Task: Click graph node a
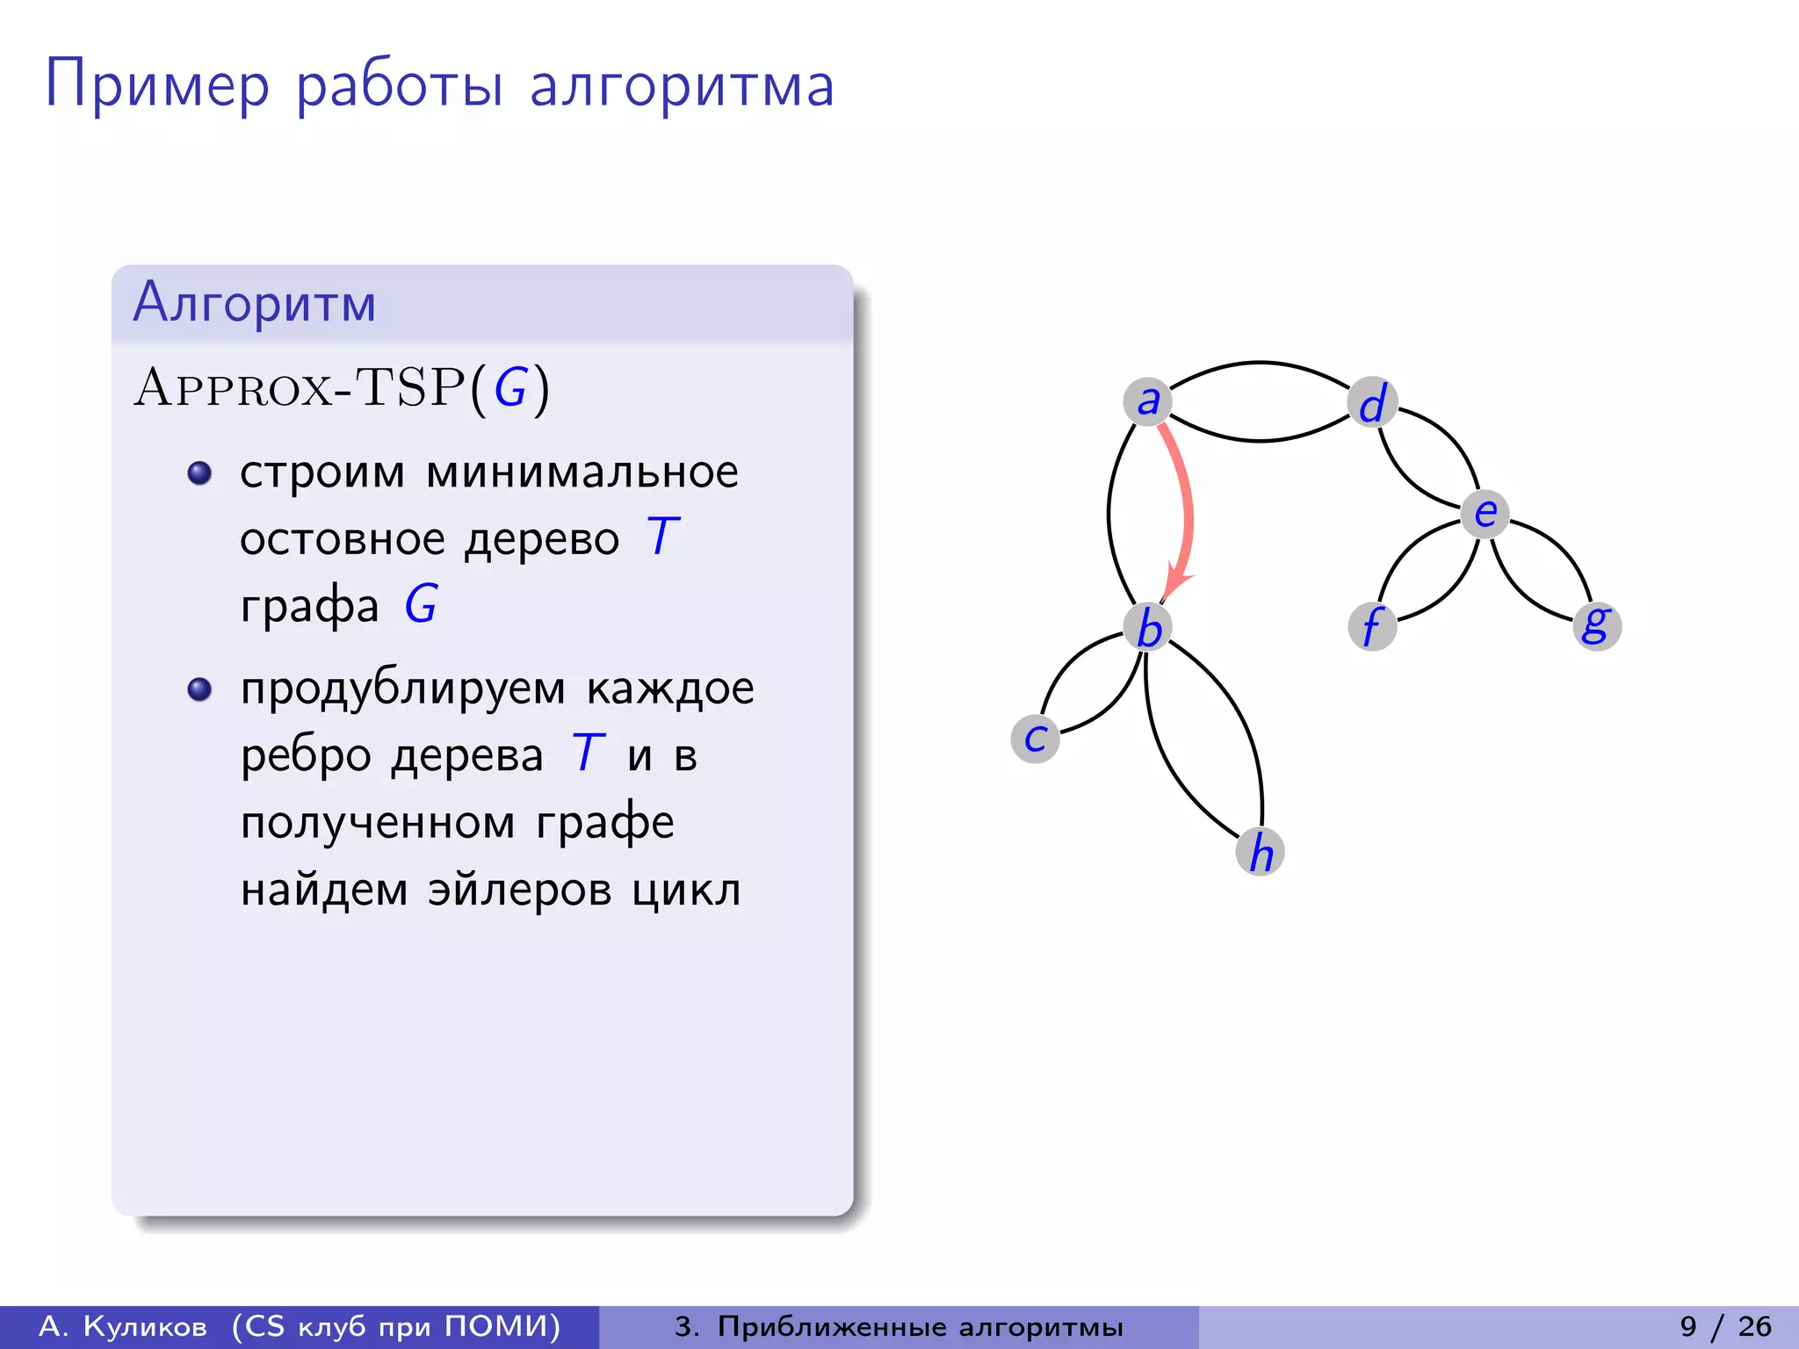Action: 1147,401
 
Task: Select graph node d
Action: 1372,402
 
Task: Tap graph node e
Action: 1485,513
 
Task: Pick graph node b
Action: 1148,627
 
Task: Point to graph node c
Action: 1036,739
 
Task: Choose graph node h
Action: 1261,852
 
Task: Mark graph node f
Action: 1372,626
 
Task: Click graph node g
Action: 1596,625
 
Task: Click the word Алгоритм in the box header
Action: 255,303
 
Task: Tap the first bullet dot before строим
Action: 200,473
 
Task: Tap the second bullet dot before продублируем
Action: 200,689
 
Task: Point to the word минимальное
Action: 582,473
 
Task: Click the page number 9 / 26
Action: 1725,1326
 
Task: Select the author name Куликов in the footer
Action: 145,1326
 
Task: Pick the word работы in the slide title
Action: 400,86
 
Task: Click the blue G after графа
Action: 421,604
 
